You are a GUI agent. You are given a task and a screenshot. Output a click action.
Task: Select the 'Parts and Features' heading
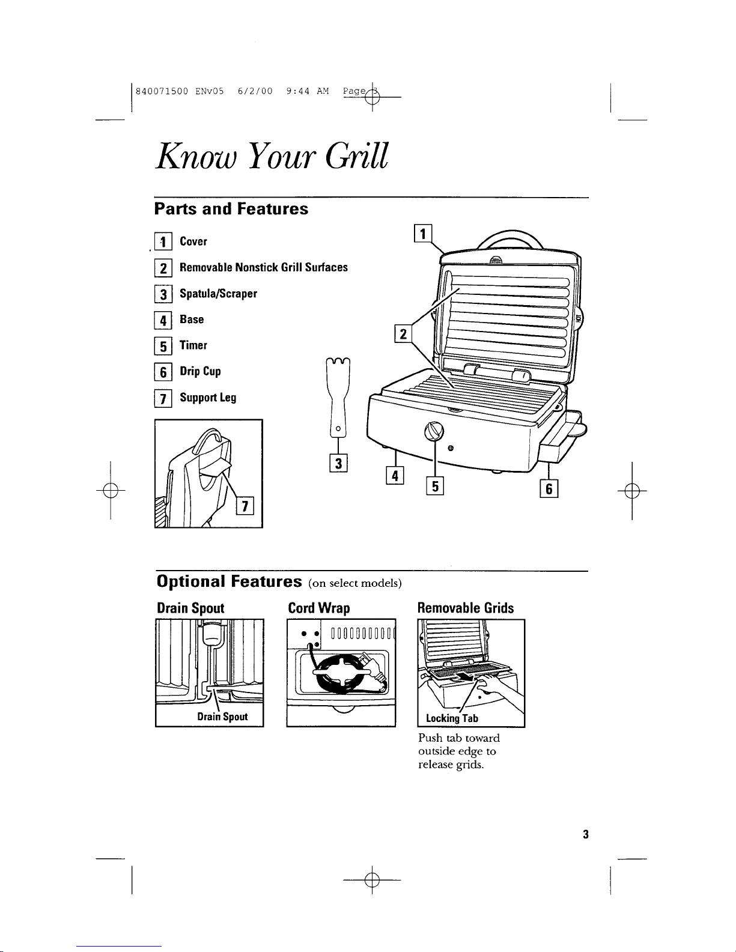coord(231,209)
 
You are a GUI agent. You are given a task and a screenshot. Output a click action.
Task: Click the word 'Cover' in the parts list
coord(193,241)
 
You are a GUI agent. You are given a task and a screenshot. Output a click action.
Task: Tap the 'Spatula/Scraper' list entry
coord(218,294)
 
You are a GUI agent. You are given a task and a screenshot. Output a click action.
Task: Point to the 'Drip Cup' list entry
coord(200,371)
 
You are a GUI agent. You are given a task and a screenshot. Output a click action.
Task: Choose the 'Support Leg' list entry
coord(208,398)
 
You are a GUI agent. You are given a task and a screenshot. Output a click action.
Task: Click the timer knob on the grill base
coord(434,430)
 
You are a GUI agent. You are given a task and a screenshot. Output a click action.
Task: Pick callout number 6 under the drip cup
coord(549,489)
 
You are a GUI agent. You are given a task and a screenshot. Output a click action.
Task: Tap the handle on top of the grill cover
coord(509,238)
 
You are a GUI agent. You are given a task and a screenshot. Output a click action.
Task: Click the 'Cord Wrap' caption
coord(319,608)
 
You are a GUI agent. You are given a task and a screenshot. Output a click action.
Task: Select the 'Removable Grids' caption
coord(466,608)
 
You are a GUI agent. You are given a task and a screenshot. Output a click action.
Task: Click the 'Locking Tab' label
coord(452,718)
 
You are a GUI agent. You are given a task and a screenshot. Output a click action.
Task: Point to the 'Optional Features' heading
coord(229,581)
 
